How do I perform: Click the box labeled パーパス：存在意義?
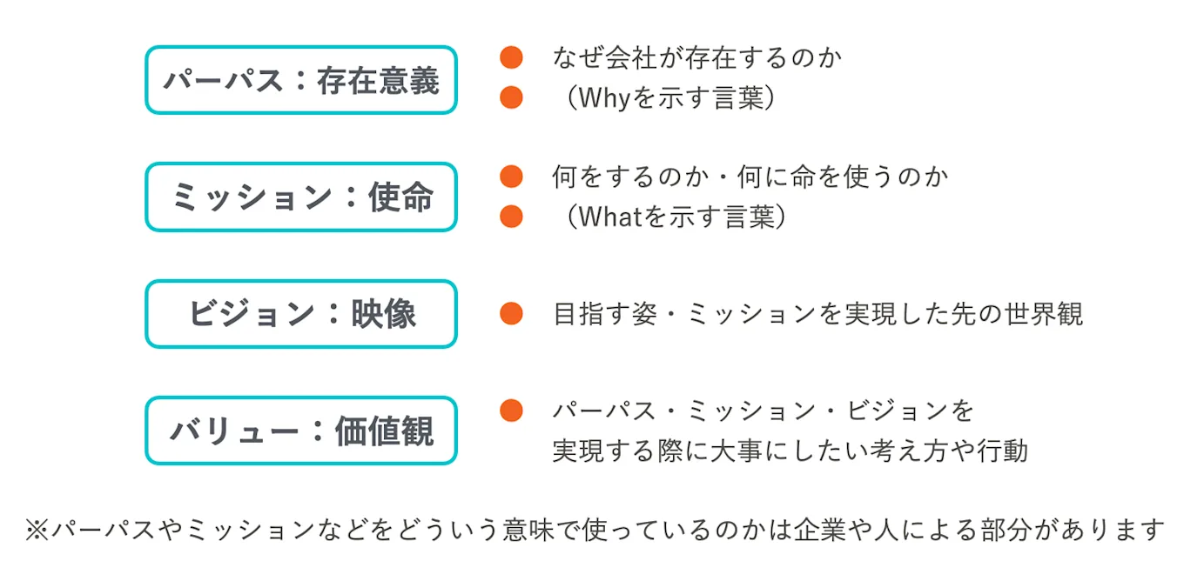(300, 80)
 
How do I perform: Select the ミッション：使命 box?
(300, 197)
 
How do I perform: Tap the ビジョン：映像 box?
(300, 314)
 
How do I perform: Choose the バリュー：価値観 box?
(300, 431)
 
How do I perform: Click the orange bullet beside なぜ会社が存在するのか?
(511, 58)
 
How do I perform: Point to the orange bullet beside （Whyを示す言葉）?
(511, 97)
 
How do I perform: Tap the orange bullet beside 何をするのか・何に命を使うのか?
(511, 177)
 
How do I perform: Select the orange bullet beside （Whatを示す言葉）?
(511, 216)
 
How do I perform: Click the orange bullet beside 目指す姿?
(511, 313)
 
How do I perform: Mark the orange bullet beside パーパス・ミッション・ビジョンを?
(511, 411)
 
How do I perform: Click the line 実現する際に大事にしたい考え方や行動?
(790, 451)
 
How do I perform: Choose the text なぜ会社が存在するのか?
(697, 58)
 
